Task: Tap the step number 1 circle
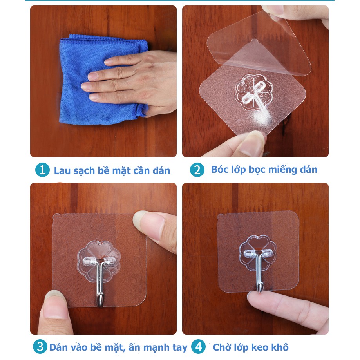tap(42, 170)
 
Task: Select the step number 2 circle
tap(197, 170)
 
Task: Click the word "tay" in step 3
tap(180, 347)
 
